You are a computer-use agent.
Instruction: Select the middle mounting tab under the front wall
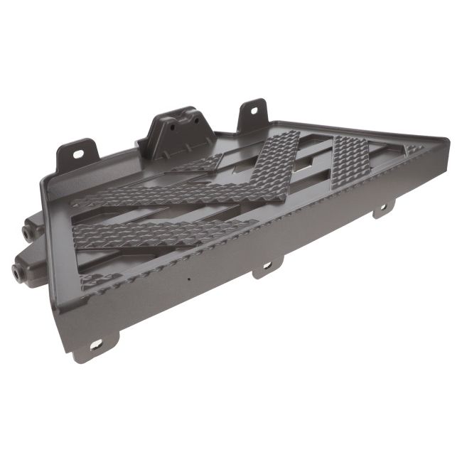tap(267, 267)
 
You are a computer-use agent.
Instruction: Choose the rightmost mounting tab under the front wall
tap(384, 208)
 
